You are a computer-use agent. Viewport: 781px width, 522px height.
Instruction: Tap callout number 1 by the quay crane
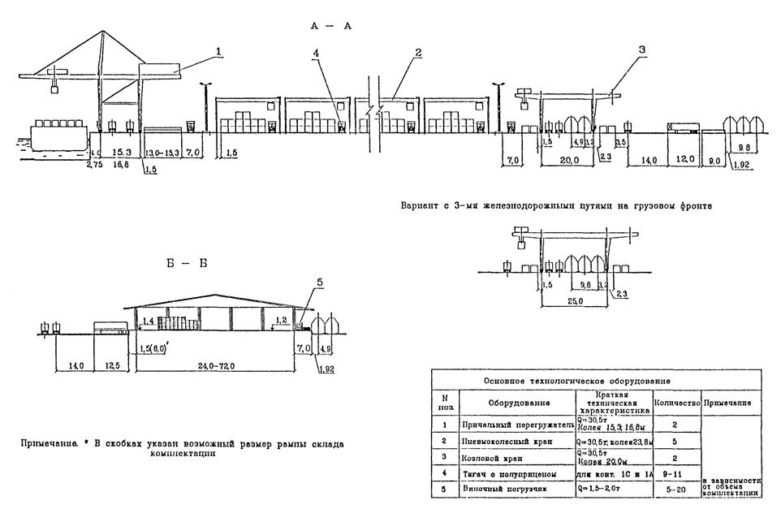pos(218,51)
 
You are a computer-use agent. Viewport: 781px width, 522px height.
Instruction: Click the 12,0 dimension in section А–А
pos(687,161)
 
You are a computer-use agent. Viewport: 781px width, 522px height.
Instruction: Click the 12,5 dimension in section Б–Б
pos(112,367)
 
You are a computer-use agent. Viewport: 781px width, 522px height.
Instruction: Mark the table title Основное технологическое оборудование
pos(576,380)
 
